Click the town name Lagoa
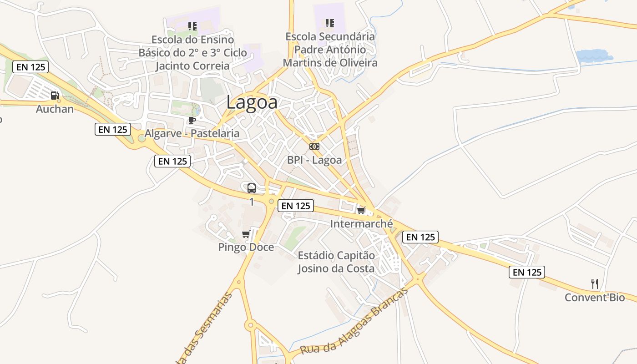[252, 102]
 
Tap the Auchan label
[55, 109]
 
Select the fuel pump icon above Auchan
[55, 96]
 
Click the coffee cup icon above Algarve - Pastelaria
[192, 120]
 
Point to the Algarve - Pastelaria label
[192, 133]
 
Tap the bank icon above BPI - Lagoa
[314, 147]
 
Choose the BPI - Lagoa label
[314, 160]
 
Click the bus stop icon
[252, 188]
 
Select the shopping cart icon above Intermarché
[361, 210]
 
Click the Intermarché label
[361, 223]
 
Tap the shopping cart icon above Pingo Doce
[246, 234]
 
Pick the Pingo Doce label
[246, 247]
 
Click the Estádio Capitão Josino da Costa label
[336, 262]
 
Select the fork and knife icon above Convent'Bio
[594, 284]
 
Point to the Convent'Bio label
[594, 298]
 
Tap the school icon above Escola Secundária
[330, 23]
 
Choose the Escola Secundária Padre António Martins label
[330, 49]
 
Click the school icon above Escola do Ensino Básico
[192, 26]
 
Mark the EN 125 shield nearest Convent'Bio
[526, 272]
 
